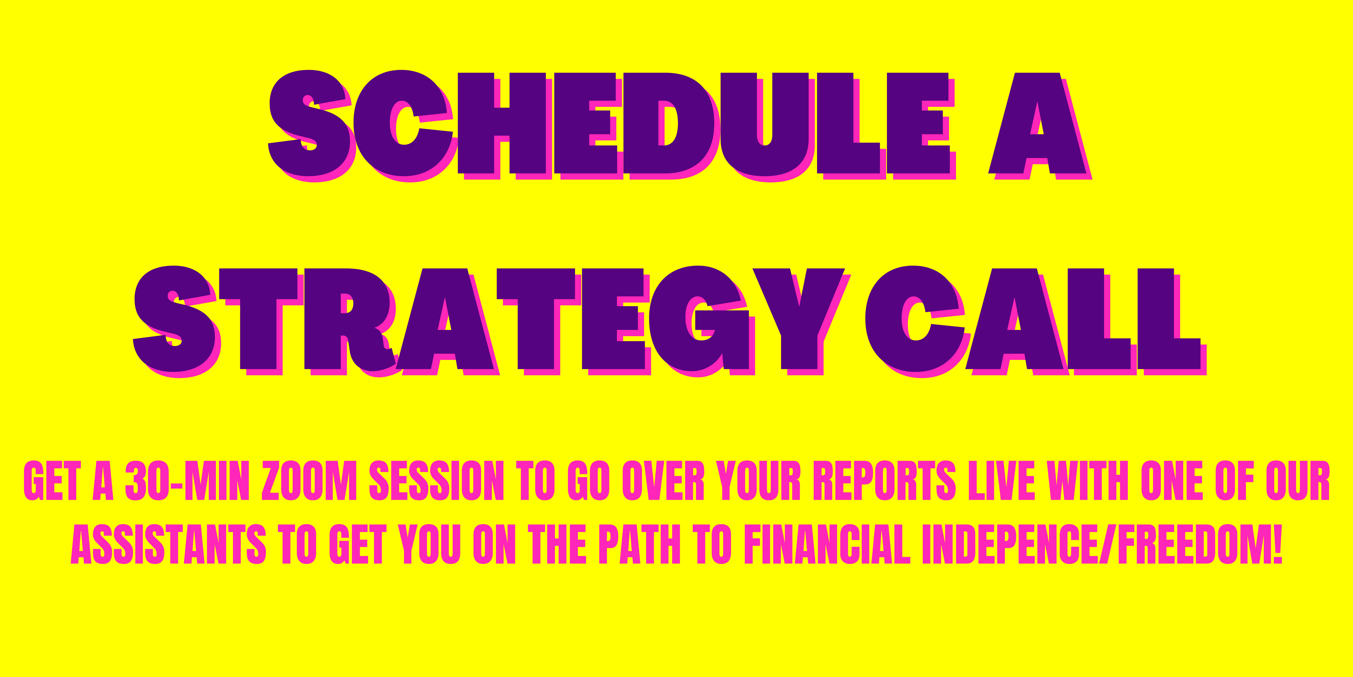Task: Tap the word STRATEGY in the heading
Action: pyautogui.click(x=492, y=322)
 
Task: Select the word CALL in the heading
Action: pyautogui.click(x=1036, y=322)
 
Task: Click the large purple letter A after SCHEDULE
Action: pyautogui.click(x=1040, y=126)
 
